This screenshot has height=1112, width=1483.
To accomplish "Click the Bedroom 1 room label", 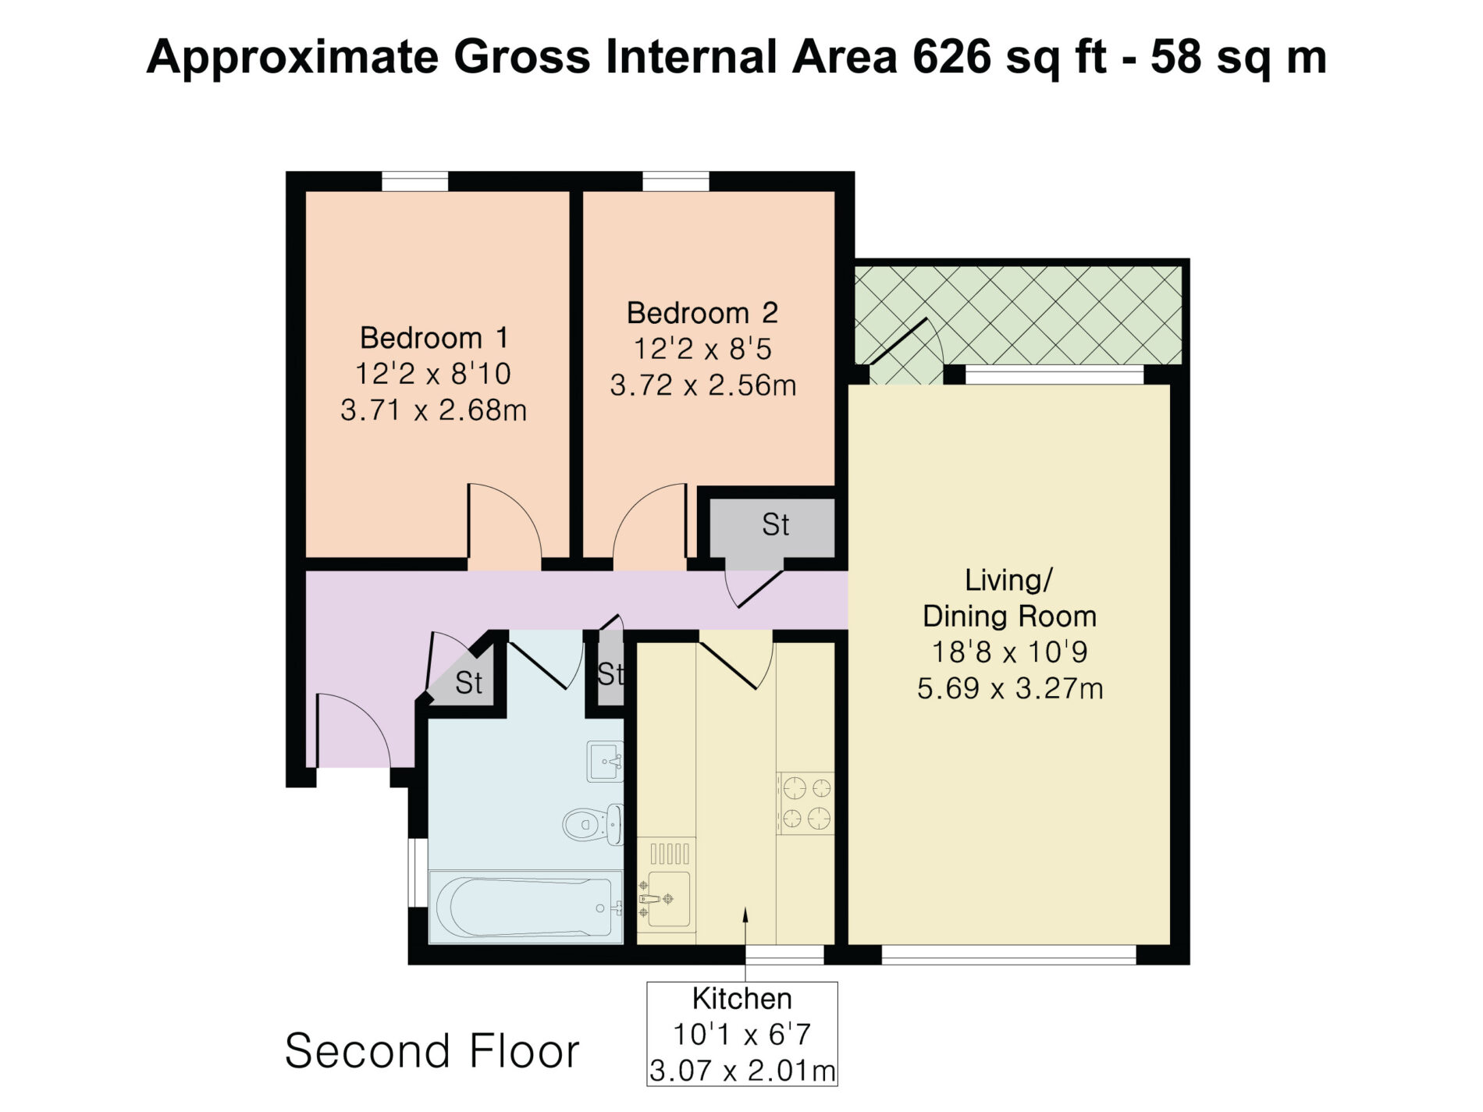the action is (x=434, y=338).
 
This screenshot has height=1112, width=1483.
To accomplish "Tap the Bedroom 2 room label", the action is (x=702, y=313).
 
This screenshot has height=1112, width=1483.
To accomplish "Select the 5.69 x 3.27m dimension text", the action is (x=1010, y=688).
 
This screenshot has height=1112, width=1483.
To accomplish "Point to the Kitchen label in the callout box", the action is (x=741, y=999).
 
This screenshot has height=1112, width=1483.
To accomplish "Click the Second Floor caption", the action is (x=432, y=1050).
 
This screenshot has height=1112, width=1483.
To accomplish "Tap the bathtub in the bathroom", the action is (x=525, y=907).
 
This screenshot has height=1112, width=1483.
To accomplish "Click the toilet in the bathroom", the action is (x=593, y=824).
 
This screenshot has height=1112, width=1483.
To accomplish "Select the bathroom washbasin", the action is (x=605, y=761).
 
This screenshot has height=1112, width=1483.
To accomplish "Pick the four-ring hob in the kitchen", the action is (x=806, y=804).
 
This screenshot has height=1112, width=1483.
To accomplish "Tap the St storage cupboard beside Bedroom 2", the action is (x=772, y=525).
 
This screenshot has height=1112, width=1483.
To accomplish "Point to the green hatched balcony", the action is (x=1018, y=315).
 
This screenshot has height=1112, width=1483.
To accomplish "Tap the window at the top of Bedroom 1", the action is (x=415, y=182).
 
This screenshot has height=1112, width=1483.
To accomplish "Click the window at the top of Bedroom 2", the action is (x=676, y=182).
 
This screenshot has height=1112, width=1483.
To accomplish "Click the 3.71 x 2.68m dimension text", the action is (x=434, y=410).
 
